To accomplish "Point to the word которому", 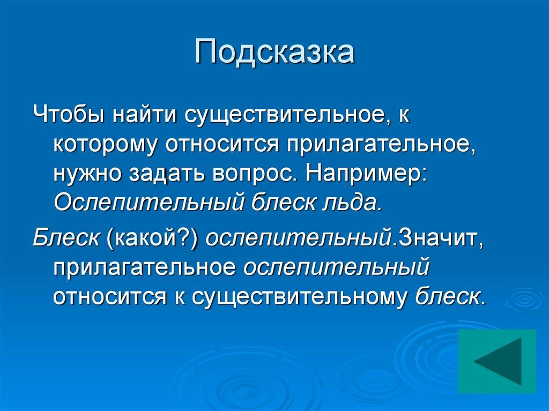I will (x=105, y=146).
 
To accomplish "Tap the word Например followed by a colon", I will (x=365, y=175).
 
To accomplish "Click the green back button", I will (x=497, y=361).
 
